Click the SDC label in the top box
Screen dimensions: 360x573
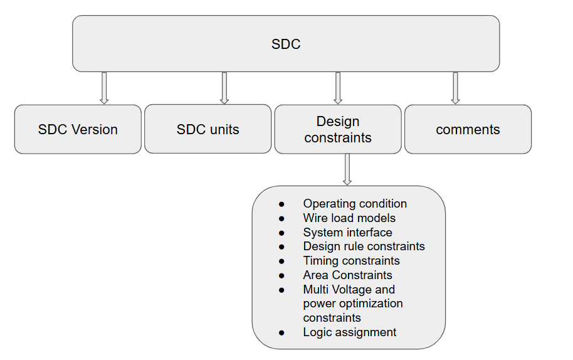[x=286, y=44]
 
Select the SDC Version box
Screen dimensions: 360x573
[x=78, y=129]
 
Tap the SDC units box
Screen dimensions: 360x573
[x=208, y=129]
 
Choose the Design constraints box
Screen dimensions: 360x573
[x=338, y=129]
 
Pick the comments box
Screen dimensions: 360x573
[x=468, y=129]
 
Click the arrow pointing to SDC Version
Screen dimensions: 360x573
[x=104, y=88]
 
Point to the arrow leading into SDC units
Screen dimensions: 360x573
[x=224, y=88]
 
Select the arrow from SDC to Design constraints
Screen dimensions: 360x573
[x=338, y=88]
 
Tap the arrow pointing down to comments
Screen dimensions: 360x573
[x=455, y=88]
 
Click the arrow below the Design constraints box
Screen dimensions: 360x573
[x=347, y=169]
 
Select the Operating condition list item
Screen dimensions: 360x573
[x=355, y=204]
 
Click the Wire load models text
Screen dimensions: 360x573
[x=349, y=218]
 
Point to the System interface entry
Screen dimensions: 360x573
[x=347, y=233]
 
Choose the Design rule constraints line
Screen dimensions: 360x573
[x=364, y=246]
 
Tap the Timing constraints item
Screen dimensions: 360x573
[x=351, y=261]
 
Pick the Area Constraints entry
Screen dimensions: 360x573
[x=347, y=275]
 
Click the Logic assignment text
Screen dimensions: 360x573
[x=349, y=332]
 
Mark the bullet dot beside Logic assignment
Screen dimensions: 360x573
[x=281, y=332]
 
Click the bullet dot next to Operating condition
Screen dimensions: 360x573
[x=281, y=204]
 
